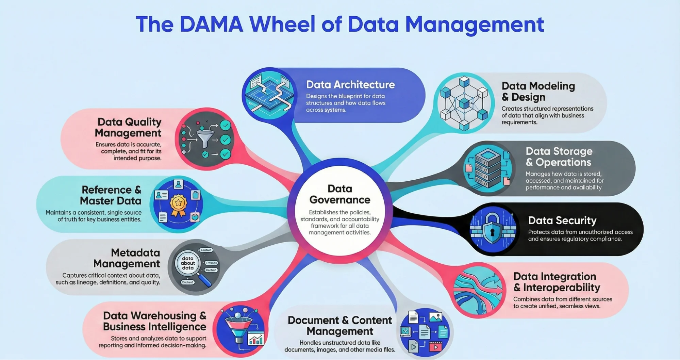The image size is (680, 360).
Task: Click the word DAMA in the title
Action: pyautogui.click(x=211, y=24)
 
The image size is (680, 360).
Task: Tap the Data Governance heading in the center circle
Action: pyautogui.click(x=339, y=194)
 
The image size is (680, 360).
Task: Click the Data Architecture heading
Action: pyautogui.click(x=350, y=84)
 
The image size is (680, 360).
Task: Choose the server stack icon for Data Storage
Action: pyautogui.click(x=487, y=168)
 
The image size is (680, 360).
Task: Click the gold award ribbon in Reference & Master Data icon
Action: pyautogui.click(x=178, y=204)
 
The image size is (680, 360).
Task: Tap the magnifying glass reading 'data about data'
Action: pyautogui.click(x=188, y=264)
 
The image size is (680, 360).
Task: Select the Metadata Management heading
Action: pyautogui.click(x=127, y=258)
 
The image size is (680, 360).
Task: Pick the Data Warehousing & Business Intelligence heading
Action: pyautogui.click(x=154, y=321)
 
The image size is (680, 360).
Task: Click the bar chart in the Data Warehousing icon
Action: pyautogui.click(x=256, y=339)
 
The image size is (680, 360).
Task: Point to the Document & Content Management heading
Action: pyautogui.click(x=340, y=326)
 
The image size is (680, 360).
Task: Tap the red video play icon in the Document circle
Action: pyautogui.click(x=435, y=347)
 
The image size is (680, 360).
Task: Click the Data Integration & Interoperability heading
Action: pyautogui.click(x=557, y=282)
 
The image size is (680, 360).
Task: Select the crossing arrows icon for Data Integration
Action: pyautogui.click(x=478, y=290)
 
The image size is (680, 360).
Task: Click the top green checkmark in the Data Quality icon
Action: pyautogui.click(x=225, y=126)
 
